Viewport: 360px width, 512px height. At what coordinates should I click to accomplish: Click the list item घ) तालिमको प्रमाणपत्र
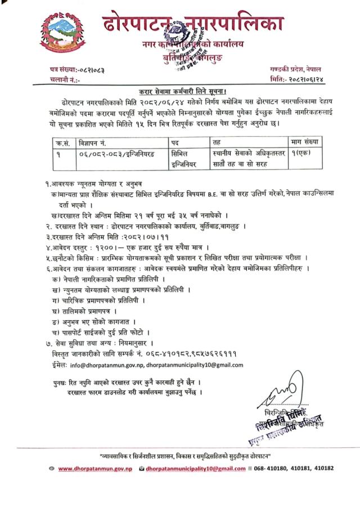84,311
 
